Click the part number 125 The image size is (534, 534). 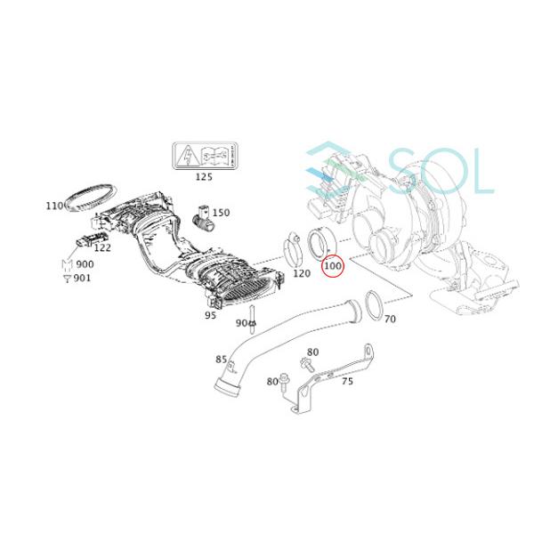204,178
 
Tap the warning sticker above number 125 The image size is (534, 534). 204,157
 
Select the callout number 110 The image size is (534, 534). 55,206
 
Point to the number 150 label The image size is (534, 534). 220,213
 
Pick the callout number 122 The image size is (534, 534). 102,248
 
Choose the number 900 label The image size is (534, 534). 84,264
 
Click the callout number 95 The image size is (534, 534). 210,315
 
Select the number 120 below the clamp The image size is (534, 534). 301,273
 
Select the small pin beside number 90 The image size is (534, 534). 254,315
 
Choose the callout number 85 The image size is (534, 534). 221,360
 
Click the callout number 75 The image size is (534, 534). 346,381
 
